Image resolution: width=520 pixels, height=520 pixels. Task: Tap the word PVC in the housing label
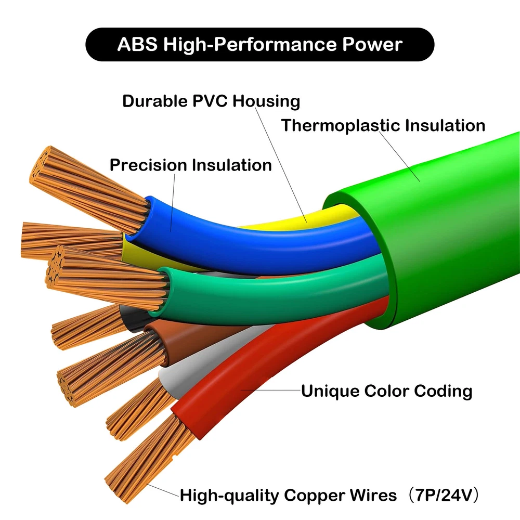coord(206,101)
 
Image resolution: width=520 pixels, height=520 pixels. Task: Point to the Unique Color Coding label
coord(386,391)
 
